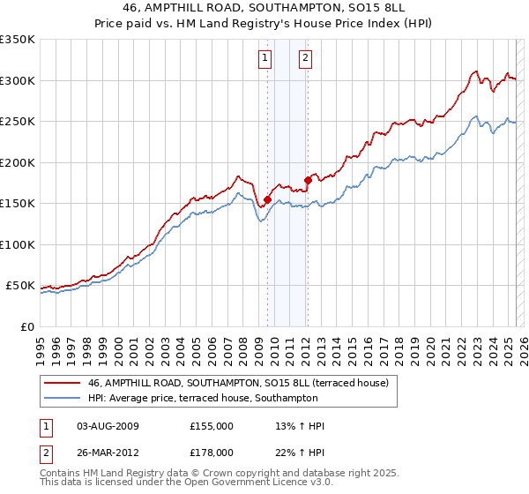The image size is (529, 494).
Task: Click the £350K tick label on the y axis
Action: click(x=18, y=40)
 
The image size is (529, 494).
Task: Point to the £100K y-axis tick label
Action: click(x=18, y=244)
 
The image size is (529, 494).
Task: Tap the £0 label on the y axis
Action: click(x=27, y=326)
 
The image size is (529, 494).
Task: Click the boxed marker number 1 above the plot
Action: click(x=265, y=59)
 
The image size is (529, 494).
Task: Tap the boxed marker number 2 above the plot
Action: click(x=305, y=59)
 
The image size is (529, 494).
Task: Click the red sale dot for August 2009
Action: click(x=267, y=199)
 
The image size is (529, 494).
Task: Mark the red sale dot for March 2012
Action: click(x=308, y=181)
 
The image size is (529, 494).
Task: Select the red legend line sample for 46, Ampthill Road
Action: click(x=63, y=383)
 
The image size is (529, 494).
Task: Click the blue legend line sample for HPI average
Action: click(x=63, y=398)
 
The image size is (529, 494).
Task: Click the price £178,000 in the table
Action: click(x=212, y=452)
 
